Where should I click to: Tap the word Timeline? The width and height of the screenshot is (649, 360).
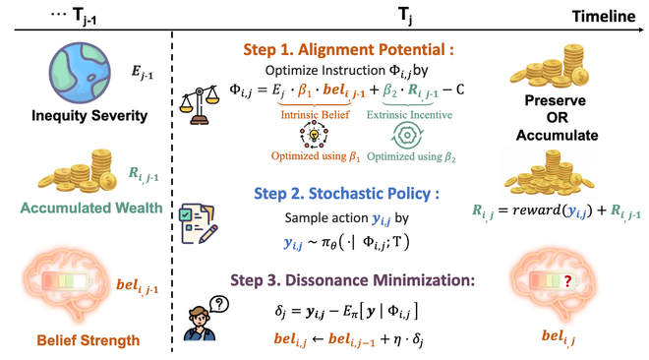(606, 15)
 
